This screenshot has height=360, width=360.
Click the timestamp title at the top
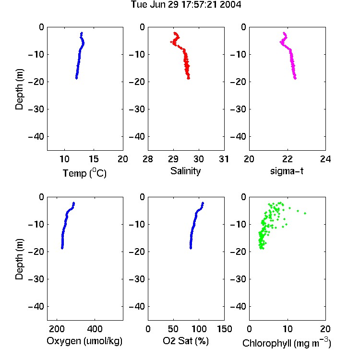(186, 5)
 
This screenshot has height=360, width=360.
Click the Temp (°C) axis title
(84, 173)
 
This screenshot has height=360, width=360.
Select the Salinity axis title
(185, 171)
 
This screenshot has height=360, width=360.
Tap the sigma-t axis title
(287, 171)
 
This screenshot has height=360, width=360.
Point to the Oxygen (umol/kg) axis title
(84, 341)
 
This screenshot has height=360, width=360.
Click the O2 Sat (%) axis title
(186, 341)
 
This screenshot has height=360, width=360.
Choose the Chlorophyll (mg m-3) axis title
(287, 343)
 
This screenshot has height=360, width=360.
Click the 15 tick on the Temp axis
(94, 159)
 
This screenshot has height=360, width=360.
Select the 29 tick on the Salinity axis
(173, 159)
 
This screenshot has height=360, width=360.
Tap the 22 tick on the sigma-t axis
(287, 159)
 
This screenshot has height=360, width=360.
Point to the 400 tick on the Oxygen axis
(95, 329)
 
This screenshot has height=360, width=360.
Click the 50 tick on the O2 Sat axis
(173, 329)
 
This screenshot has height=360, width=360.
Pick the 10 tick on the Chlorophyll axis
(287, 329)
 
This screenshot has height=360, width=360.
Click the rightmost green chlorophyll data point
(305, 213)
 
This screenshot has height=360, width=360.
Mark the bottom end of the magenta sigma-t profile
(295, 78)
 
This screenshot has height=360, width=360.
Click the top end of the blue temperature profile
(82, 33)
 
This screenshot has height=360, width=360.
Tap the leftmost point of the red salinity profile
(171, 42)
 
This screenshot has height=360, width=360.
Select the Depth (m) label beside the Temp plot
(19, 89)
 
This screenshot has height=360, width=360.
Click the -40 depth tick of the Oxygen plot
(36, 306)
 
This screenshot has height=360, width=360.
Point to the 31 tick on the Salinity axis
(224, 159)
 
